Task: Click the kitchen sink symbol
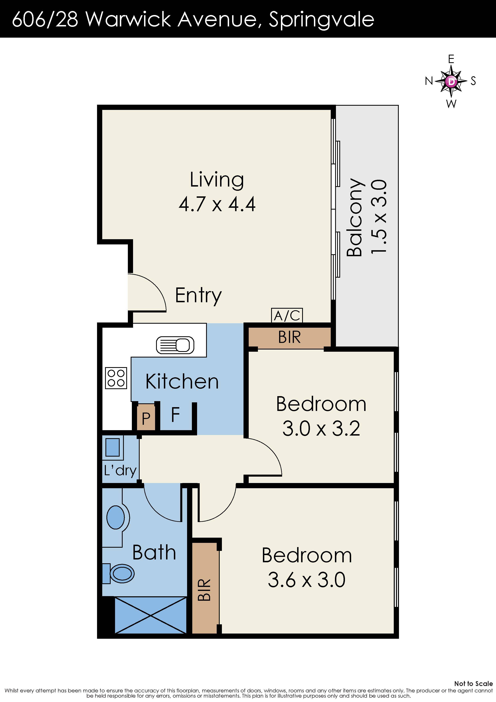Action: tap(175, 345)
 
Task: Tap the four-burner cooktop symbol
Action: tap(116, 378)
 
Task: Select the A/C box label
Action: tap(287, 315)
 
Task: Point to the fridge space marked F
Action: tap(175, 415)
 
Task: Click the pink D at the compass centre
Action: tap(451, 81)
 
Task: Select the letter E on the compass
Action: tap(451, 59)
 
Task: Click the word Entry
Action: tap(198, 295)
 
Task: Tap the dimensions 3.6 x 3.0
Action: tap(307, 580)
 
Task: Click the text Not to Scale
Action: tap(473, 684)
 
